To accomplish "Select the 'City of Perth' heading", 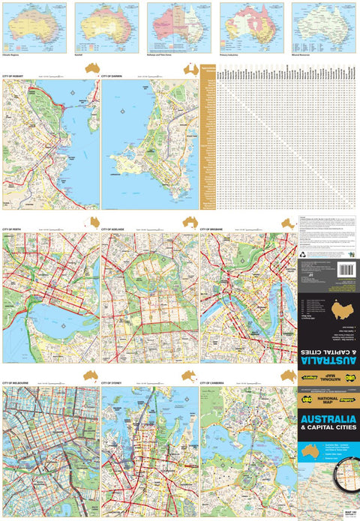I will pos(13,229).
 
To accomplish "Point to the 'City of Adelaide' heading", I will pos(114,229).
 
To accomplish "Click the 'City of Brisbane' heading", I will pos(213,229).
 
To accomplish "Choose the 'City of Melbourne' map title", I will pos(16,383).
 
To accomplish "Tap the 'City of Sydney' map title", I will pos(112,383).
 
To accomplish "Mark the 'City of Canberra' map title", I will pos(214,383).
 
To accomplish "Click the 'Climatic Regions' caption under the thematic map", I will pos(14,55).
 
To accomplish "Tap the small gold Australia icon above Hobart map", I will pos(92,68).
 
